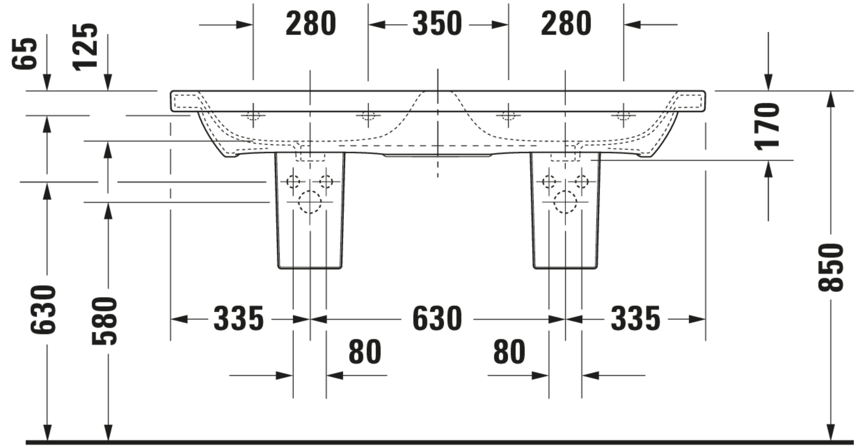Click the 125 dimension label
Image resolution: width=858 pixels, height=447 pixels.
(85, 47)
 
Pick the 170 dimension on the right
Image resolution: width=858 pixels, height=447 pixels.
(767, 126)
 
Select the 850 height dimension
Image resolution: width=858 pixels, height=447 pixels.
(831, 267)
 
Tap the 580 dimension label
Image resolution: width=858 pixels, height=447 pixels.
(104, 321)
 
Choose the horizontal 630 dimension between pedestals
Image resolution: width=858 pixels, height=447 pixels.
(437, 319)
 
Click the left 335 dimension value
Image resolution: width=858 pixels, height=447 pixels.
(239, 319)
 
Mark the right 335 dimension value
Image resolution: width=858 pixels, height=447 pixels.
(635, 319)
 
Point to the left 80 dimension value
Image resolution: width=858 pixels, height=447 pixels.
(365, 351)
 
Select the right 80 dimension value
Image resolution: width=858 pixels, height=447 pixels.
(509, 351)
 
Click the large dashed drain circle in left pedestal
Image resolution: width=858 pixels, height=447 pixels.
(299, 202)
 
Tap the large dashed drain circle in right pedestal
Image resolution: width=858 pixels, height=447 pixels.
(554, 202)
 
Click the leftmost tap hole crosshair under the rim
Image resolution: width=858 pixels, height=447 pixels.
(253, 116)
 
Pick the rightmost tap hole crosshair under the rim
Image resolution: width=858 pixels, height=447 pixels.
(623, 116)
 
